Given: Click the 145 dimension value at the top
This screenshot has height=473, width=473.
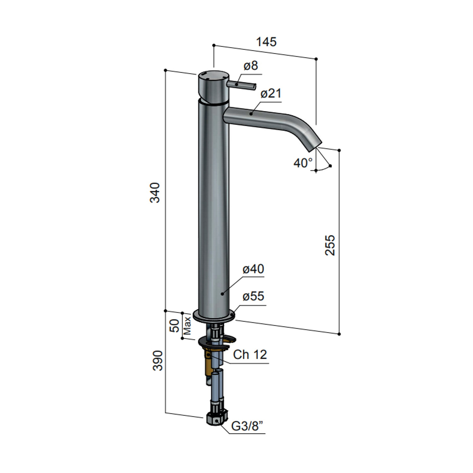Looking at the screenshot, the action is [266, 42].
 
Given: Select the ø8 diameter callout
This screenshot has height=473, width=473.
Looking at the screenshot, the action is [251, 66].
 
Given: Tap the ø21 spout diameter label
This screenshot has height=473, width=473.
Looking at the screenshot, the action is [271, 93].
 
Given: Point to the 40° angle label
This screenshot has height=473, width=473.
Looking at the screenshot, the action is [303, 163].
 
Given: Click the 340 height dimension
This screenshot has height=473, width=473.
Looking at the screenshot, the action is [155, 192].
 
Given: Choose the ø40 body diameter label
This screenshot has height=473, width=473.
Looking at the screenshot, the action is [253, 269].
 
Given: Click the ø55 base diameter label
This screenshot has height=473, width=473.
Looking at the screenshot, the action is [253, 296].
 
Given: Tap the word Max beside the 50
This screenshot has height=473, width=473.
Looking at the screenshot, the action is [187, 325].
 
